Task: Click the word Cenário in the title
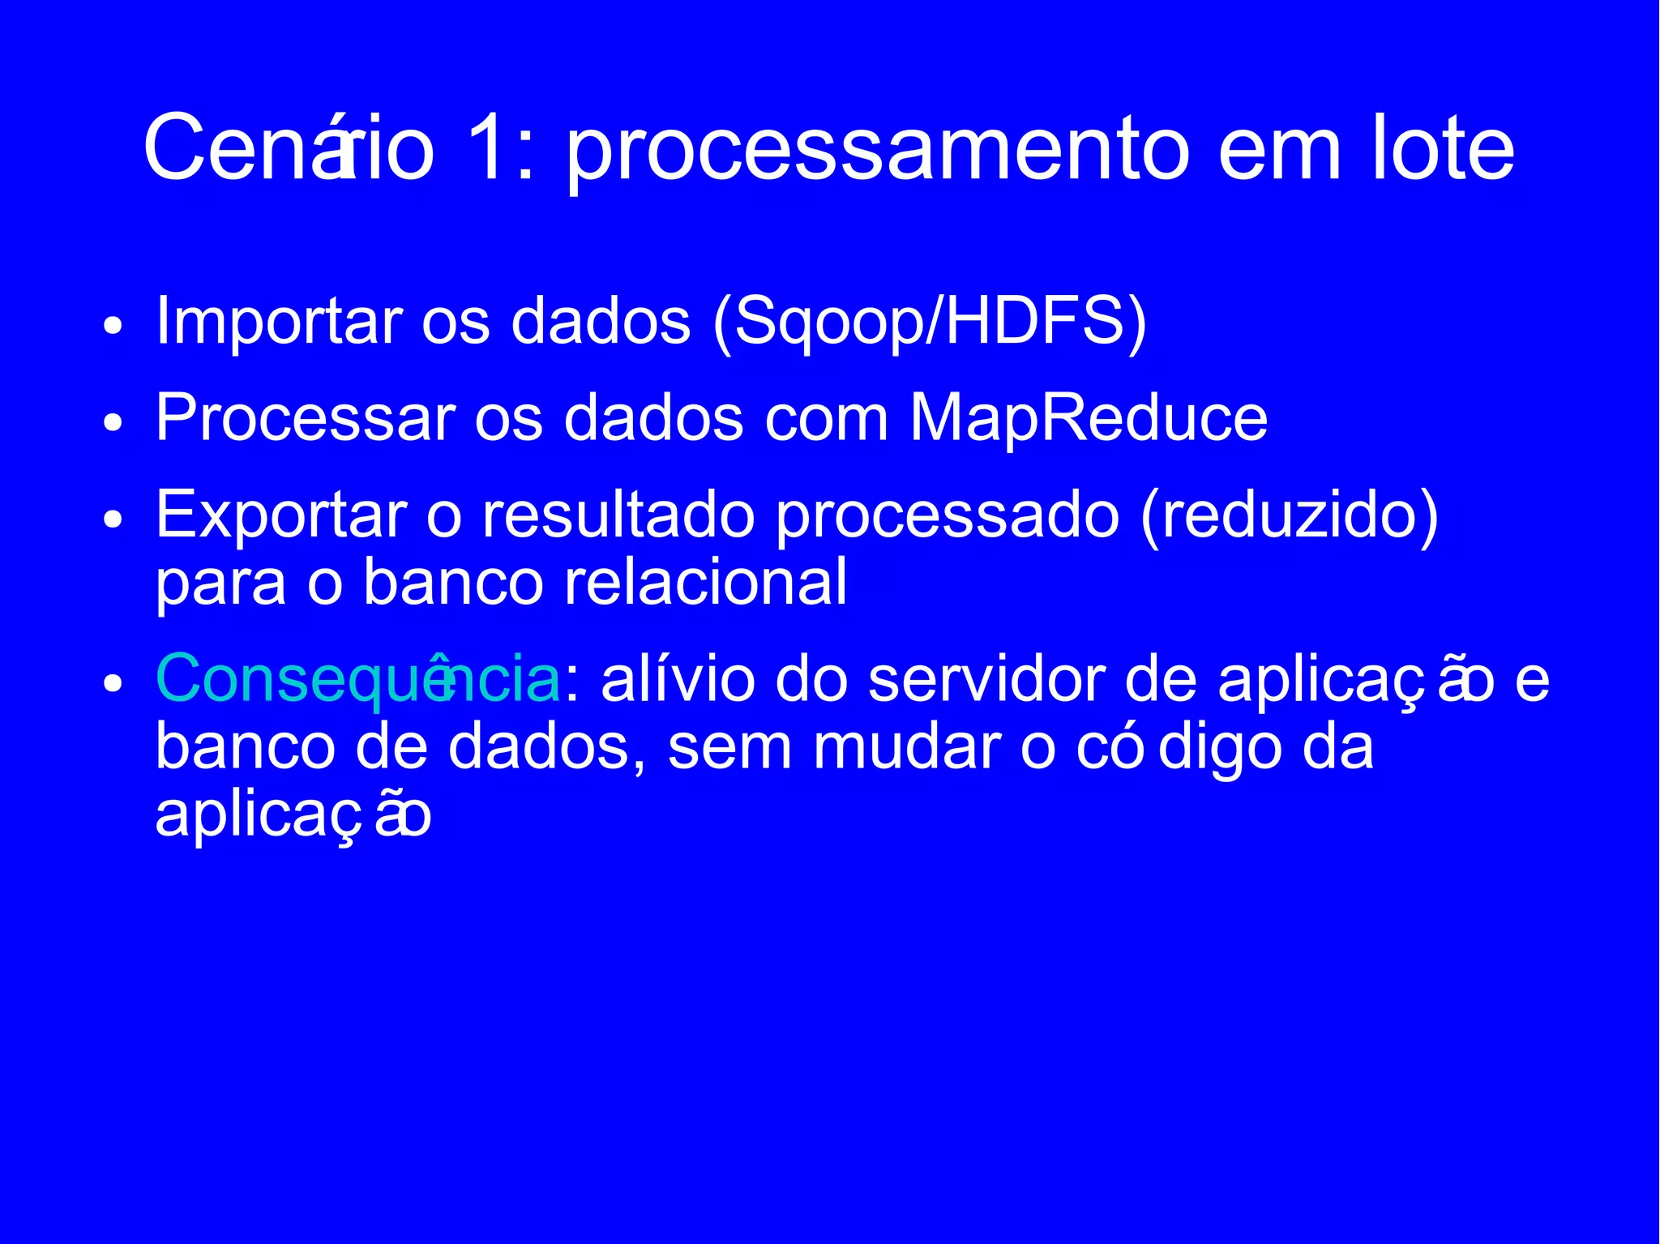pyautogui.click(x=289, y=149)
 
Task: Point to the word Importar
pyautogui.click(x=279, y=322)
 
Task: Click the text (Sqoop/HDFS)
pyautogui.click(x=929, y=322)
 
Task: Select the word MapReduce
pyautogui.click(x=1088, y=419)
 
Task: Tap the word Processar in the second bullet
pyautogui.click(x=306, y=419)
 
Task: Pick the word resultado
pyautogui.click(x=618, y=515)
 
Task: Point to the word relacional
pyautogui.click(x=705, y=582)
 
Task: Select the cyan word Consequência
pyautogui.click(x=357, y=678)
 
